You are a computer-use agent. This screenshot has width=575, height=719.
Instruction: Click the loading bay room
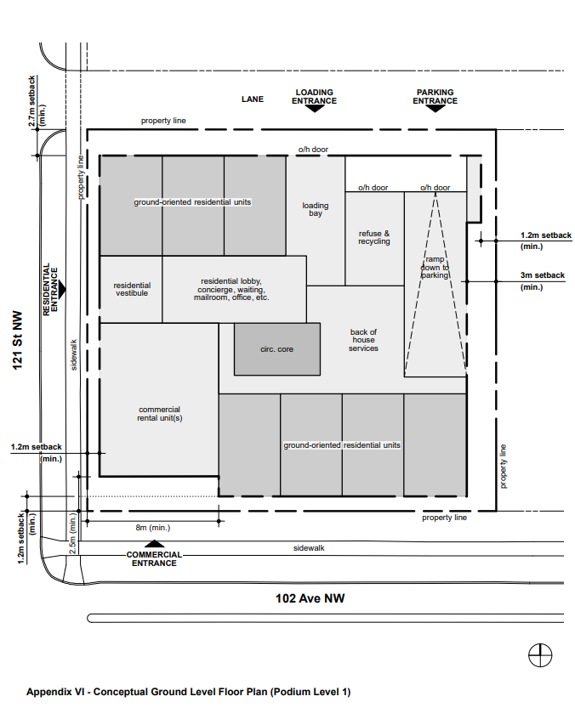coord(316,220)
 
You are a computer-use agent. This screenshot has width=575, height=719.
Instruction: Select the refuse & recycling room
coord(374,239)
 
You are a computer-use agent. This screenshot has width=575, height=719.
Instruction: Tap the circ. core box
coord(277,349)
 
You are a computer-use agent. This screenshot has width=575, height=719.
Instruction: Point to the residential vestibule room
coord(131,289)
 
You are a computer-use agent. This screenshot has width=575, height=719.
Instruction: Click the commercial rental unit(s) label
coord(160,414)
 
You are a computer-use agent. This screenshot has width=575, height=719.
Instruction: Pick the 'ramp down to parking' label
coord(435,267)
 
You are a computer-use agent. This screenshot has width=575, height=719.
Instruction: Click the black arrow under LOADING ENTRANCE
coord(315,109)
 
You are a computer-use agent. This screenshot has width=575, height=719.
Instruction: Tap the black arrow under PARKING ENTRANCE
coord(435,109)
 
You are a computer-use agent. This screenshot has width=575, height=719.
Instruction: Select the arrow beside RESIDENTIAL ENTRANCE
coord(62,289)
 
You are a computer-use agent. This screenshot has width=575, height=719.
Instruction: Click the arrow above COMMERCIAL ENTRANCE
coord(154,544)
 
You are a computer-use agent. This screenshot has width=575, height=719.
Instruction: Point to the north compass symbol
coord(540,654)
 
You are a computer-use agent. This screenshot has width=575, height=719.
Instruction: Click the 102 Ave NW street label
coord(310,598)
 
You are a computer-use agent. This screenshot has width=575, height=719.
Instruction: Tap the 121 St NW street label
coord(18,340)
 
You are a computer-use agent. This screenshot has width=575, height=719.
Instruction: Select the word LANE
coord(253,99)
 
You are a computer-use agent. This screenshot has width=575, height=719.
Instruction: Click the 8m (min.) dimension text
coord(153,528)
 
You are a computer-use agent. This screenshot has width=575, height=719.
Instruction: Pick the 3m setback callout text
coord(543,280)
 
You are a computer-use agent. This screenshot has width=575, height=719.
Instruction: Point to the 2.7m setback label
coord(37,101)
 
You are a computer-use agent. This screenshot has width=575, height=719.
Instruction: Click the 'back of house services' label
coord(363,340)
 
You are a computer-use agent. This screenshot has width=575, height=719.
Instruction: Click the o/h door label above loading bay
coord(313,150)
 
